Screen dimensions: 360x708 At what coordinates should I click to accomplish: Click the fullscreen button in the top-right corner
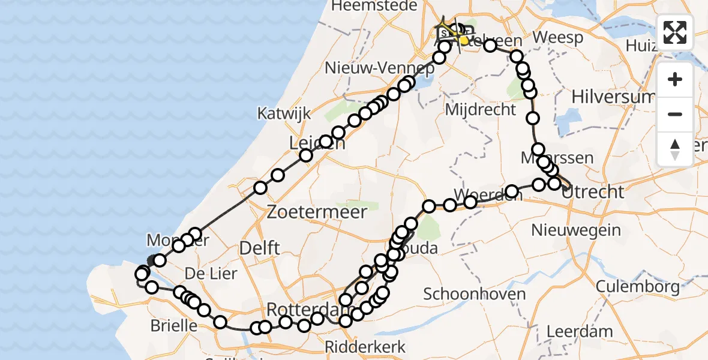(675, 32)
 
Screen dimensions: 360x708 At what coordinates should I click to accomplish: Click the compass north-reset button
(675, 149)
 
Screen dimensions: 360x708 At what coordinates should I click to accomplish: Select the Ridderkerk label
(365, 346)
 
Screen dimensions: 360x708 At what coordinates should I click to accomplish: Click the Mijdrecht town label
(481, 110)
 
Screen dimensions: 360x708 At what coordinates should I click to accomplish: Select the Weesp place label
(557, 38)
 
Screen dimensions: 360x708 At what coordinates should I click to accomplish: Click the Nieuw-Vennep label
(379, 68)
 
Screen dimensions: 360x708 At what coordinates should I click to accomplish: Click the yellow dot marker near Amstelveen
(464, 40)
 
